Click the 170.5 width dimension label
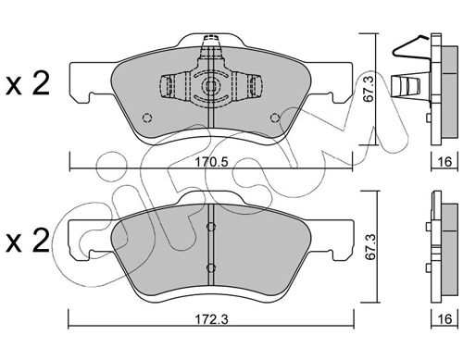(212, 162)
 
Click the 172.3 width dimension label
(212, 319)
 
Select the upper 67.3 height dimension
(369, 89)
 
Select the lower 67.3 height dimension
(369, 247)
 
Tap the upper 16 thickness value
(444, 162)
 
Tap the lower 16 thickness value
(444, 319)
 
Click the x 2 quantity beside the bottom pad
(28, 240)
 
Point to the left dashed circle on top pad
(147, 118)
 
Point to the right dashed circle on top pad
(274, 118)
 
